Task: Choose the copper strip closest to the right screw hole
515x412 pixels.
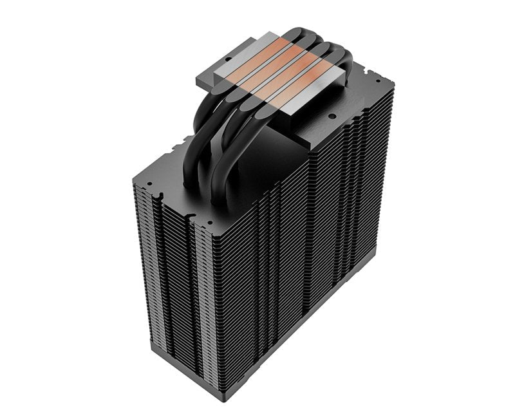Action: [301, 84]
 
